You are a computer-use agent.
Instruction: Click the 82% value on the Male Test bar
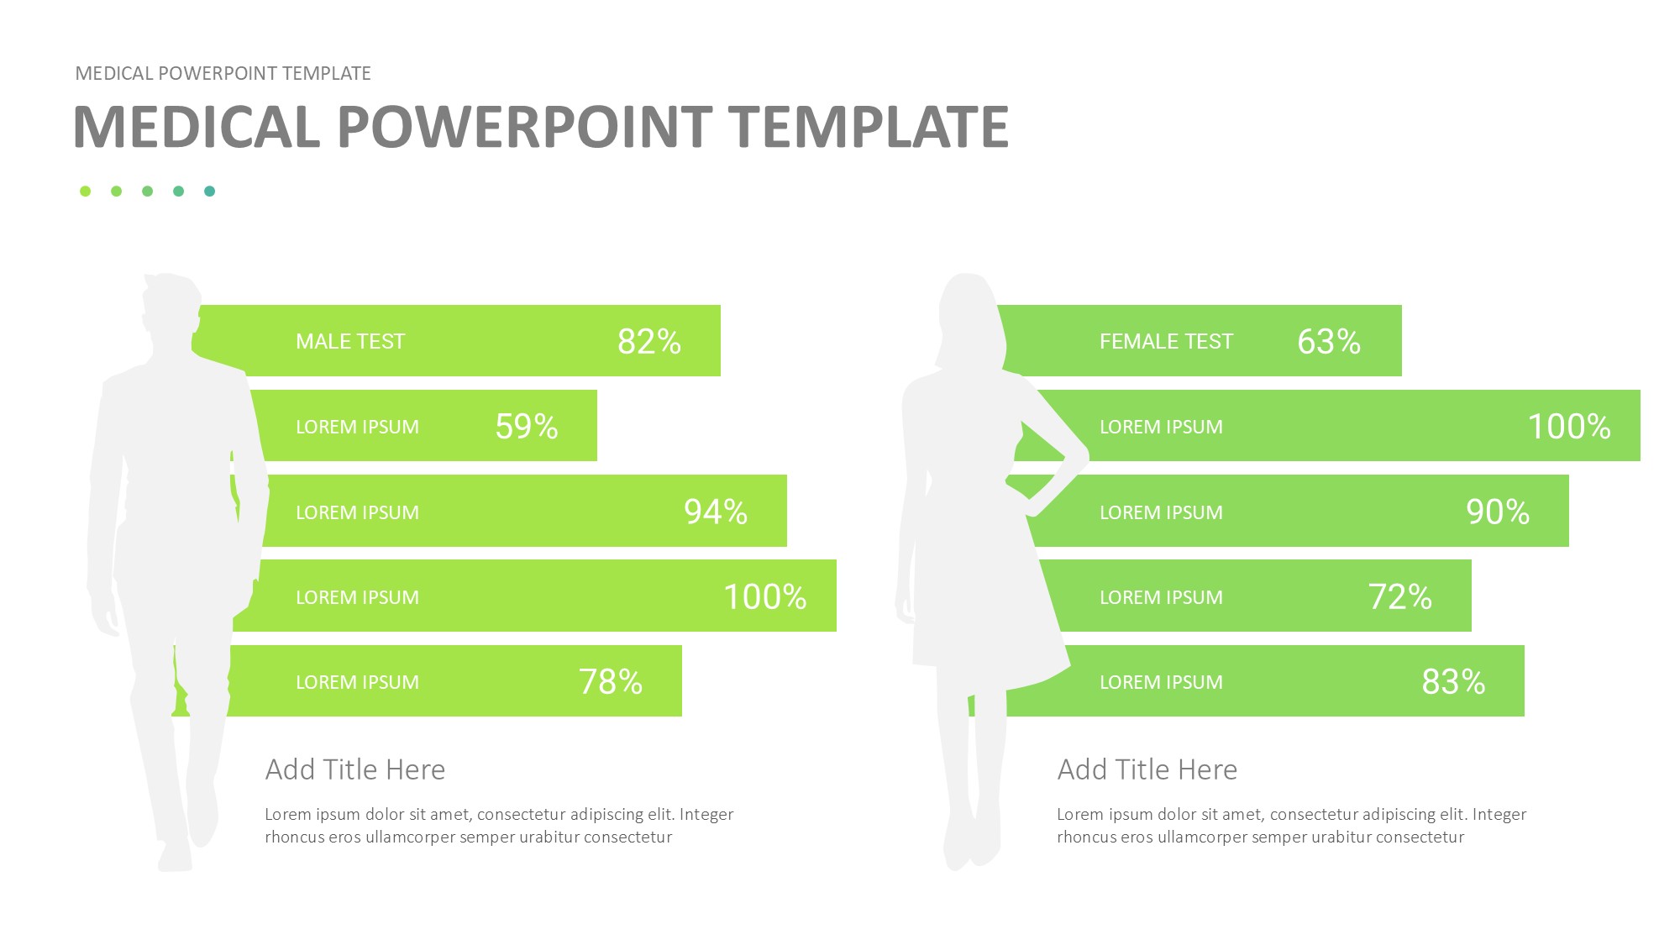pyautogui.click(x=649, y=341)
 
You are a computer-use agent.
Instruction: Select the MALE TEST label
pyautogui.click(x=350, y=342)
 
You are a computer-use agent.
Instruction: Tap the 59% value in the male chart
pyautogui.click(x=527, y=427)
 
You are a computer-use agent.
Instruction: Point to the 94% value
pyautogui.click(x=716, y=512)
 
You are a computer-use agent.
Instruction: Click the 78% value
pyautogui.click(x=611, y=681)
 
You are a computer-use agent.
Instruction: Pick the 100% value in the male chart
pyautogui.click(x=765, y=597)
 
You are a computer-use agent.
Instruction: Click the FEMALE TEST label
pyautogui.click(x=1167, y=342)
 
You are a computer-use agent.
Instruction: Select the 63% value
pyautogui.click(x=1329, y=341)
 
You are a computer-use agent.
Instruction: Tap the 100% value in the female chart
pyautogui.click(x=1569, y=427)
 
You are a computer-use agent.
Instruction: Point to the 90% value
pyautogui.click(x=1498, y=512)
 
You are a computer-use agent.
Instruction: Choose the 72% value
pyautogui.click(x=1400, y=597)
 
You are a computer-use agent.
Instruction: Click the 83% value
pyautogui.click(x=1453, y=681)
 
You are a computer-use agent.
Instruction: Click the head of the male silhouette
pyautogui.click(x=171, y=311)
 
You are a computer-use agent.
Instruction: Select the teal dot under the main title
pyautogui.click(x=210, y=192)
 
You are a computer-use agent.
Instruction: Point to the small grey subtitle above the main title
pyautogui.click(x=223, y=74)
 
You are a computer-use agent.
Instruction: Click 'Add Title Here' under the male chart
pyautogui.click(x=355, y=769)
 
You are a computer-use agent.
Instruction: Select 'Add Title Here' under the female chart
pyautogui.click(x=1147, y=769)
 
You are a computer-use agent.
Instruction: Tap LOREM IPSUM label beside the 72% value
pyautogui.click(x=1162, y=597)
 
